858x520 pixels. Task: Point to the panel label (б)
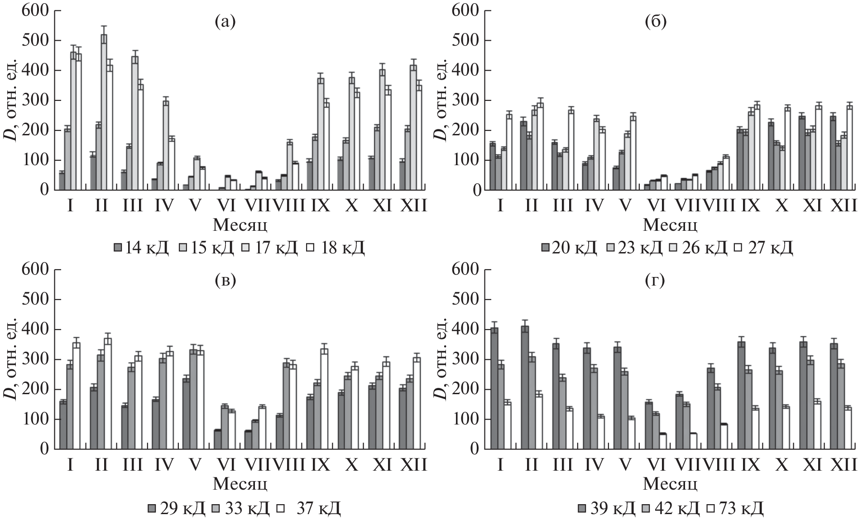coord(655,22)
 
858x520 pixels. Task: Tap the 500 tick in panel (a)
coord(34,41)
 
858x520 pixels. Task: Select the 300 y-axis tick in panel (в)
coord(34,360)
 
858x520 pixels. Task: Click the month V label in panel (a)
coord(195,206)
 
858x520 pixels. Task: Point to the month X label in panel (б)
coord(781,206)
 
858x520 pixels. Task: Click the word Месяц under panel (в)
coord(240,484)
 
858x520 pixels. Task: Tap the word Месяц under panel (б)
coord(670,224)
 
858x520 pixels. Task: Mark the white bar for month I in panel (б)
coord(509,153)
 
